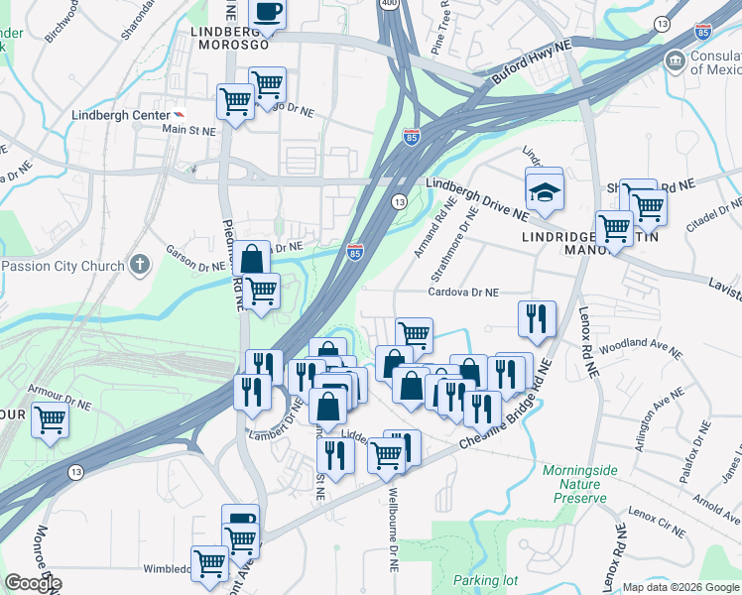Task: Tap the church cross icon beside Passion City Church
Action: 140,266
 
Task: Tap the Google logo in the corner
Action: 32,582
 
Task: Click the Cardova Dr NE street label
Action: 463,293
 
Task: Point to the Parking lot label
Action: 486,580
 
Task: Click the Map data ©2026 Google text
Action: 680,587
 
